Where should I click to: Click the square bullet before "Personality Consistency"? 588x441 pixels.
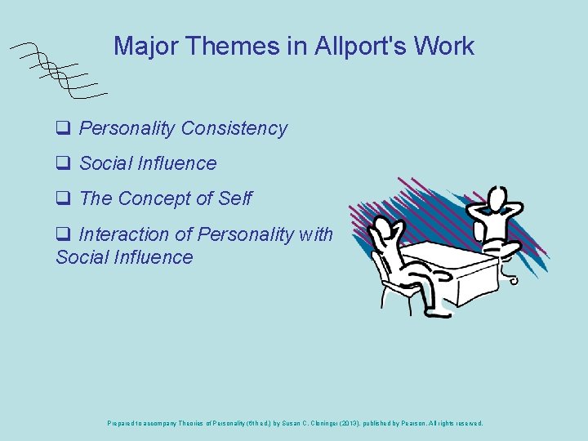(62, 129)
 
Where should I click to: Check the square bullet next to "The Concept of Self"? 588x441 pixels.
(62, 199)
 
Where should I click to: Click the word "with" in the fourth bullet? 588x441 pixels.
(316, 235)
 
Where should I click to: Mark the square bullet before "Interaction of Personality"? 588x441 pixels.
(62, 235)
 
